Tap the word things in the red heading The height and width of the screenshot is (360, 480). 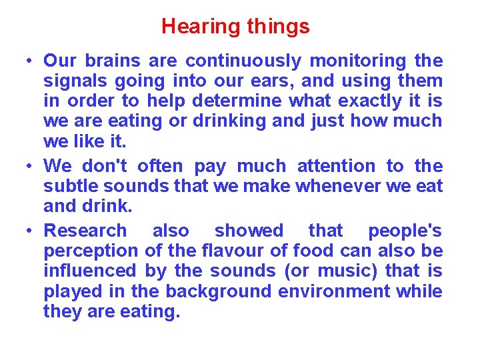[278, 27]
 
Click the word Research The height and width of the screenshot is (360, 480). [85, 231]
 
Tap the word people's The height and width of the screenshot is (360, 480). [405, 231]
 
